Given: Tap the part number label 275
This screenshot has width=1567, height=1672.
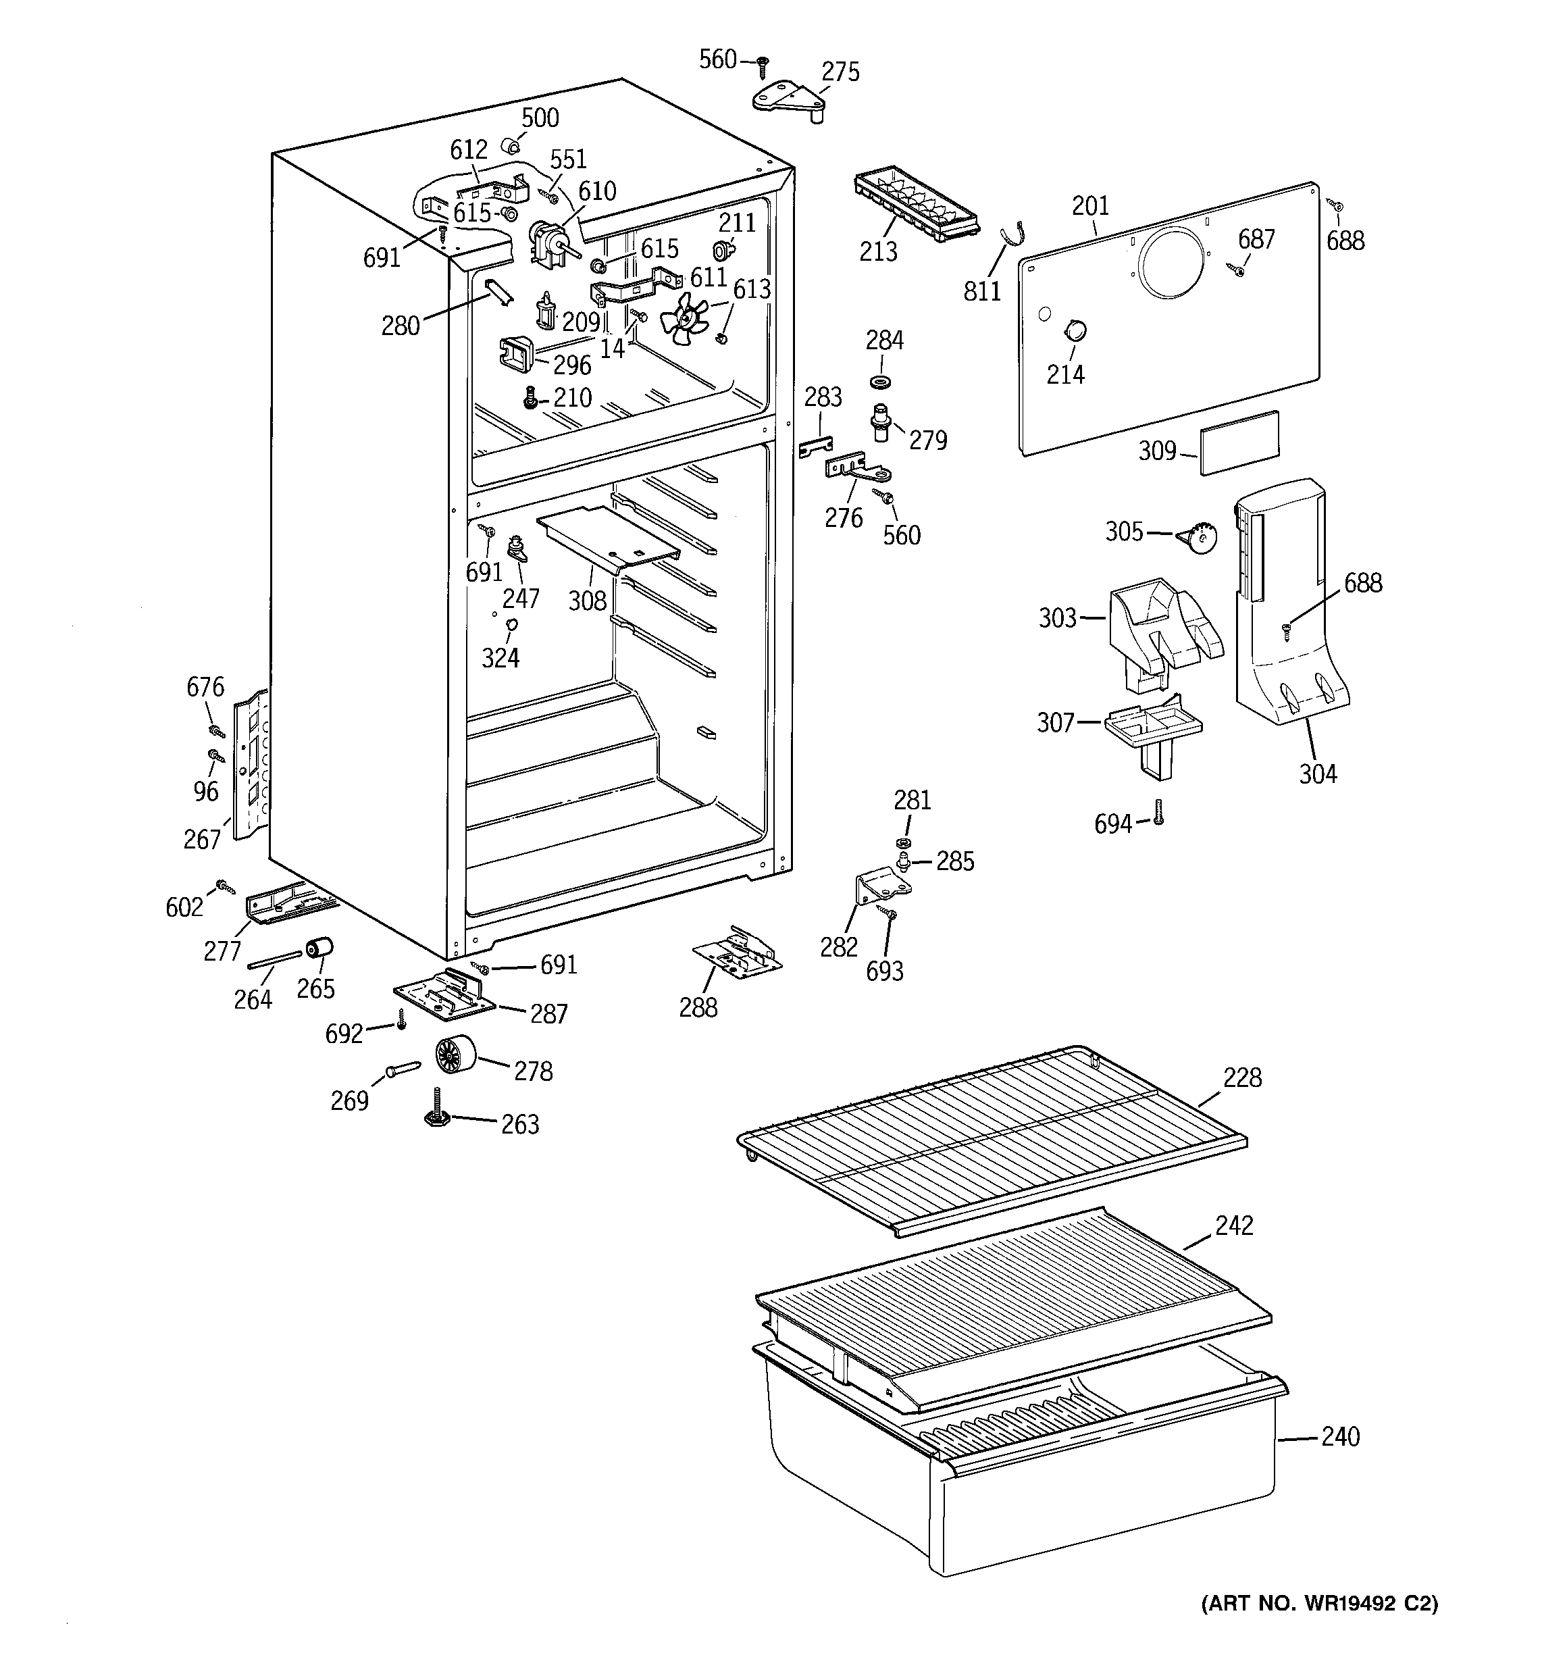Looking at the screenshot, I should pyautogui.click(x=840, y=72).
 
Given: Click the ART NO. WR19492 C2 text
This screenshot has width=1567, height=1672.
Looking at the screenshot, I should pyautogui.click(x=1319, y=1627).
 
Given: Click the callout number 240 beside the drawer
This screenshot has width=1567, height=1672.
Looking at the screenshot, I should pyautogui.click(x=1340, y=1436).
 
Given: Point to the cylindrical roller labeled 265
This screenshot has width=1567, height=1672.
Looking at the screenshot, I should pyautogui.click(x=319, y=948).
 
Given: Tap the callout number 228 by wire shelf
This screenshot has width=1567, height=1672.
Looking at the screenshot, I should pyautogui.click(x=1242, y=1078).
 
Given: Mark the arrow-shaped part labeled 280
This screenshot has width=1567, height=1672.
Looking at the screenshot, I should pyautogui.click(x=497, y=293).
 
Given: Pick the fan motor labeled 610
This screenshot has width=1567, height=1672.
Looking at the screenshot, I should pyautogui.click(x=548, y=244).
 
